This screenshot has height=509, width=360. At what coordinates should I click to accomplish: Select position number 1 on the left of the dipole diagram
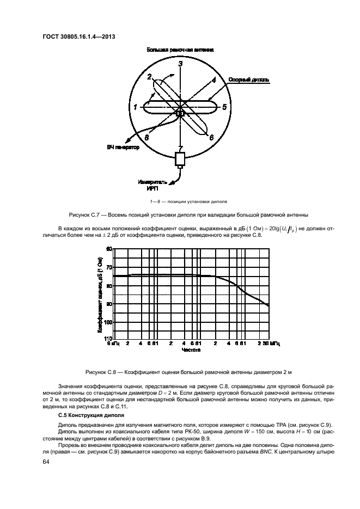pos(135,107)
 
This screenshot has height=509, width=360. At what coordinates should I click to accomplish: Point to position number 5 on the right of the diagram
pos(224,107)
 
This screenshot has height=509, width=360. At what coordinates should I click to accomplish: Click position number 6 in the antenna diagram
pos(211,138)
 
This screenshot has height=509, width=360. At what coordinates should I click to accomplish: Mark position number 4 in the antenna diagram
pos(214,79)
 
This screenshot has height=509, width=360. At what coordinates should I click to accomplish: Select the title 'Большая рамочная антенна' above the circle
pos(180,50)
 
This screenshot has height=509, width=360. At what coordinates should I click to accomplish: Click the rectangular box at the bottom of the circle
pos(180,159)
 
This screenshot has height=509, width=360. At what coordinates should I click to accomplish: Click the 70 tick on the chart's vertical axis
pos(108,267)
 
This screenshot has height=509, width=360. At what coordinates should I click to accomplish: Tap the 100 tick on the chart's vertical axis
pos(107,322)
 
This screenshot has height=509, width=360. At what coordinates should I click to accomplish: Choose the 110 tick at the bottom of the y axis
pos(107,339)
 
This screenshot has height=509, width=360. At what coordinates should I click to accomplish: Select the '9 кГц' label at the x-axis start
pos(113,344)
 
